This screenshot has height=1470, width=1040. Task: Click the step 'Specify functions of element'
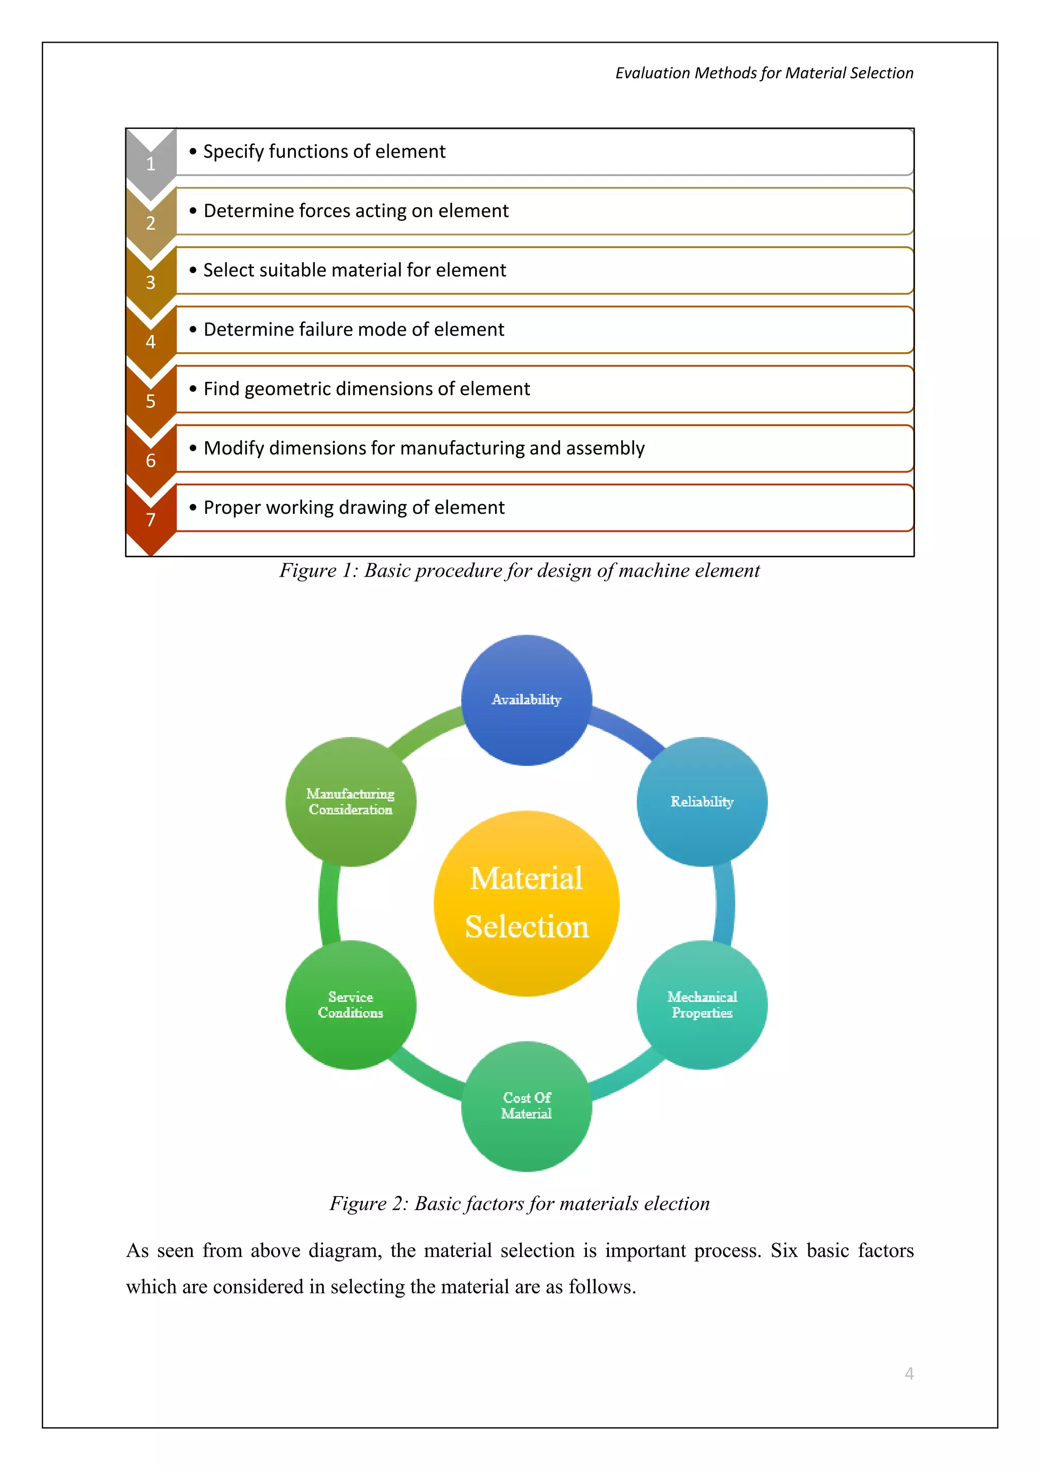[324, 152]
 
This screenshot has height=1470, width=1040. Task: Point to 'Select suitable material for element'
[354, 270]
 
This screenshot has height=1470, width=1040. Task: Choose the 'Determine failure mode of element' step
[353, 330]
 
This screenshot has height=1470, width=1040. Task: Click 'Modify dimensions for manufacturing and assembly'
[424, 448]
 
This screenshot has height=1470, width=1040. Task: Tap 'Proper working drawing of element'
[353, 508]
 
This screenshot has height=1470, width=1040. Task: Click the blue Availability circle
[527, 700]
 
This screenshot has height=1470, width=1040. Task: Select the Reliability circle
[702, 801]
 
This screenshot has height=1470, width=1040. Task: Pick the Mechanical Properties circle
[702, 1005]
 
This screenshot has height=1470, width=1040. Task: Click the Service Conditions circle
[350, 1005]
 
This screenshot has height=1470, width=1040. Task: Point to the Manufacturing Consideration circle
[350, 801]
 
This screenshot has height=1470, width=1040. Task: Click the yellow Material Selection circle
[527, 903]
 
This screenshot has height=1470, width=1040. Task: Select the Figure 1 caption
[519, 571]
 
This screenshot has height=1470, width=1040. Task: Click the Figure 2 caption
[519, 1204]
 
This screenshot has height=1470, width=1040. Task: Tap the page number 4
[908, 1374]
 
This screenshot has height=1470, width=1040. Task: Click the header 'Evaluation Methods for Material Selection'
[764, 73]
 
